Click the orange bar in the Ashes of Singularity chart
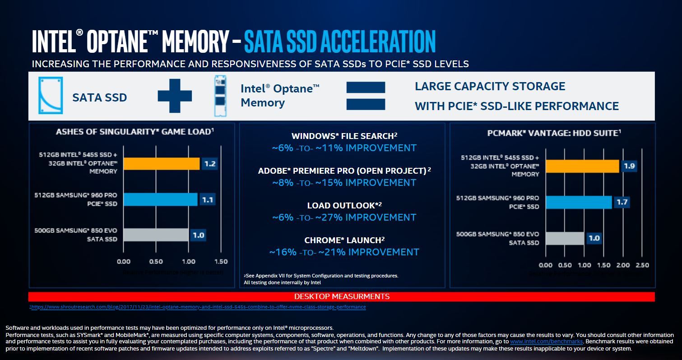coord(161,164)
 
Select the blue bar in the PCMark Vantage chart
coord(578,202)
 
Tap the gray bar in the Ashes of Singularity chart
coord(155,235)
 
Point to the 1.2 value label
coord(209,164)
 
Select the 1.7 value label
coord(622,202)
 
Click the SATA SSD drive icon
coord(51,95)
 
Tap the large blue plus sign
coord(175,96)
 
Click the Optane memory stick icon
coord(219,96)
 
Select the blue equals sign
coord(366,96)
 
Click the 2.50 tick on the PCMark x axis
coord(642,265)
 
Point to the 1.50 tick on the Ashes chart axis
coord(221,262)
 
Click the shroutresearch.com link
coord(198,307)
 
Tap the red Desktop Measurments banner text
coord(342,296)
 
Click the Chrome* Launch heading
coord(344,240)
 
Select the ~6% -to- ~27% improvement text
coord(344,217)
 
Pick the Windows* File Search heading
coord(344,136)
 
